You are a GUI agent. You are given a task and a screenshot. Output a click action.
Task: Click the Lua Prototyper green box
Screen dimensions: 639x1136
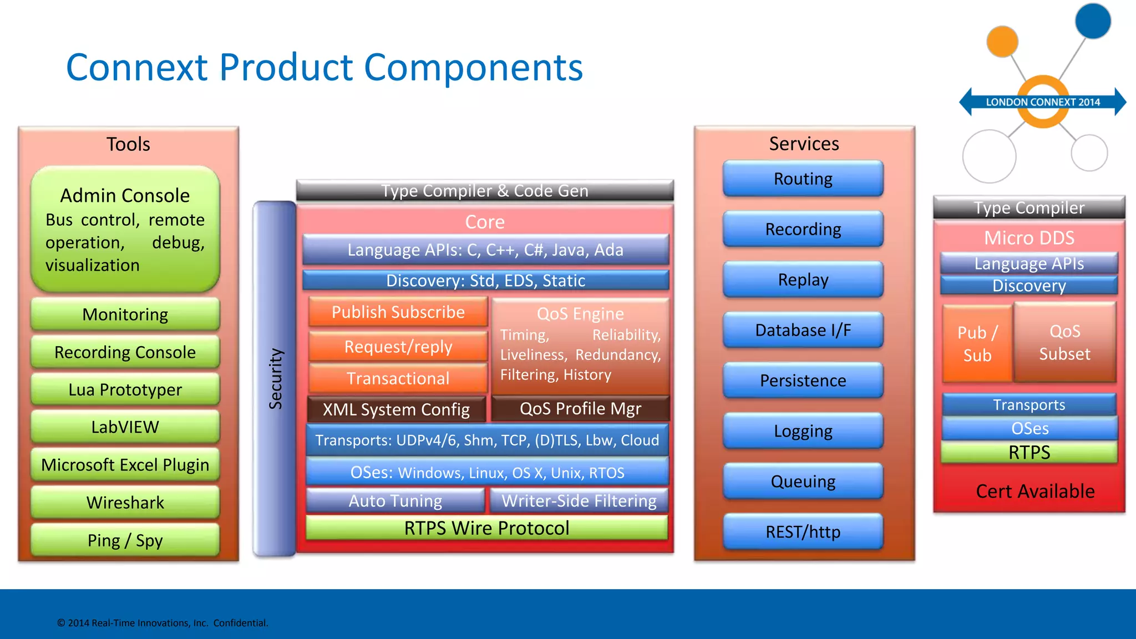click(125, 389)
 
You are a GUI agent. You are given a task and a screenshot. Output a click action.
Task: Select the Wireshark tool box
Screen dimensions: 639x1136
click(125, 503)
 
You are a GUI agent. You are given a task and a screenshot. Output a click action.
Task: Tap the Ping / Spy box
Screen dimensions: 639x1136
click(125, 540)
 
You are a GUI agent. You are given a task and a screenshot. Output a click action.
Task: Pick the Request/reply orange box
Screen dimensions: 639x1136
click(398, 347)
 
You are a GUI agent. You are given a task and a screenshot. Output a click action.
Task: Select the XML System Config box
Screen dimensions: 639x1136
click(396, 409)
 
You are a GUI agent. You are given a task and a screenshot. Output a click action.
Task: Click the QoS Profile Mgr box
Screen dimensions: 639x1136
click(580, 409)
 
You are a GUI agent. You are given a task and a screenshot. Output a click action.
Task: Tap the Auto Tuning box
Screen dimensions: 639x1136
click(395, 501)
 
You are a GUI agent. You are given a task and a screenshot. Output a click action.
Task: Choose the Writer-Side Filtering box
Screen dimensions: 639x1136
click(579, 501)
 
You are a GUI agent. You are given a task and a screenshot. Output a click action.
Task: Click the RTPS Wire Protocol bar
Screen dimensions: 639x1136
click(486, 528)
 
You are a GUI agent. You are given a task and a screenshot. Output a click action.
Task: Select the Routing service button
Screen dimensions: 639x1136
click(803, 179)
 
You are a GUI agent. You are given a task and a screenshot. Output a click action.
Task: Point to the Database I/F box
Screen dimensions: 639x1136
click(803, 330)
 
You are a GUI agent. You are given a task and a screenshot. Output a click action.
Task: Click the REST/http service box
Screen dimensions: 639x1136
click(803, 531)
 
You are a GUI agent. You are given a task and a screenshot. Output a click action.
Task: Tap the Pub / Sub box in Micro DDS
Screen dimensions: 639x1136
click(977, 343)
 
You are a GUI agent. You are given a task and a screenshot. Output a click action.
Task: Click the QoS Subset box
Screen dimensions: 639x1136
click(1064, 342)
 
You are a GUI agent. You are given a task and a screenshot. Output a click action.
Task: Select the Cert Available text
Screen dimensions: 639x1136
click(1035, 491)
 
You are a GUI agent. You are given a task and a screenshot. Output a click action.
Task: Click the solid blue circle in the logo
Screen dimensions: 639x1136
click(1093, 21)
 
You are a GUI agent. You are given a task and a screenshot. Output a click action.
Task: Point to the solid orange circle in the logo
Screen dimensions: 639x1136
click(1002, 41)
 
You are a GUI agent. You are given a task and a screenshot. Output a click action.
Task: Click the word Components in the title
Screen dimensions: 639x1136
click(473, 67)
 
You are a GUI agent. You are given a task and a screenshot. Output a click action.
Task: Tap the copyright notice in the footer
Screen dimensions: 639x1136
click(163, 623)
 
